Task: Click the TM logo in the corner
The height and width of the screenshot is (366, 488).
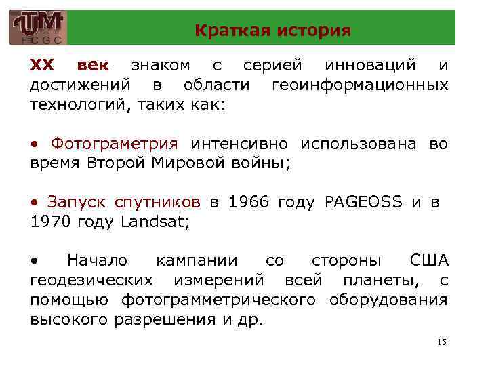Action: click(38, 27)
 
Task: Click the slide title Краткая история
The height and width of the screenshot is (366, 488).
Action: click(272, 30)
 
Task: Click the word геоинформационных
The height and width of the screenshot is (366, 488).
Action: click(359, 85)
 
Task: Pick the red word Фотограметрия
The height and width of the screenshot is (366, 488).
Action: click(115, 144)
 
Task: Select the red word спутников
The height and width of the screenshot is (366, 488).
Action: click(157, 201)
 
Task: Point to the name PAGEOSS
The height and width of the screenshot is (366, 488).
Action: click(363, 201)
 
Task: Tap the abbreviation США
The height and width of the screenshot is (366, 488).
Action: click(429, 261)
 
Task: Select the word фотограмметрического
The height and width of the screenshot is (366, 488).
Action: click(219, 300)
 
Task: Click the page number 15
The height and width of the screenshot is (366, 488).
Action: click(441, 342)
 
